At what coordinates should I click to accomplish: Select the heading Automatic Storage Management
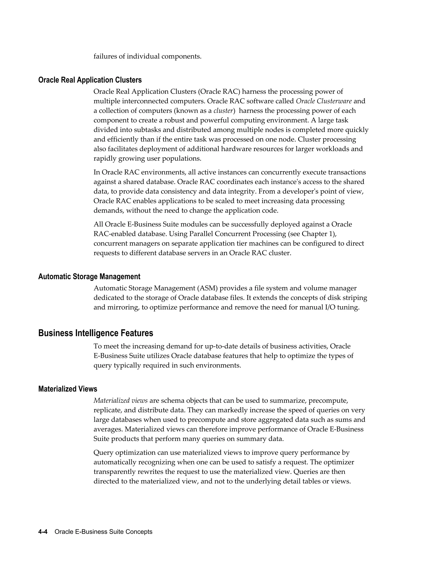(89, 277)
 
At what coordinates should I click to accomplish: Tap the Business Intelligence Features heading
(96, 333)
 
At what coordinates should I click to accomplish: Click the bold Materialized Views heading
(68, 389)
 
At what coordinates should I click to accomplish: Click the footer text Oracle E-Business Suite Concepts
(103, 532)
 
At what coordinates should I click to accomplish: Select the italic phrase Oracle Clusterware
(324, 101)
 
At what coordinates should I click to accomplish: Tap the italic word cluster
(223, 111)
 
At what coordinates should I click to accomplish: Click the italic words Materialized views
(120, 401)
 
